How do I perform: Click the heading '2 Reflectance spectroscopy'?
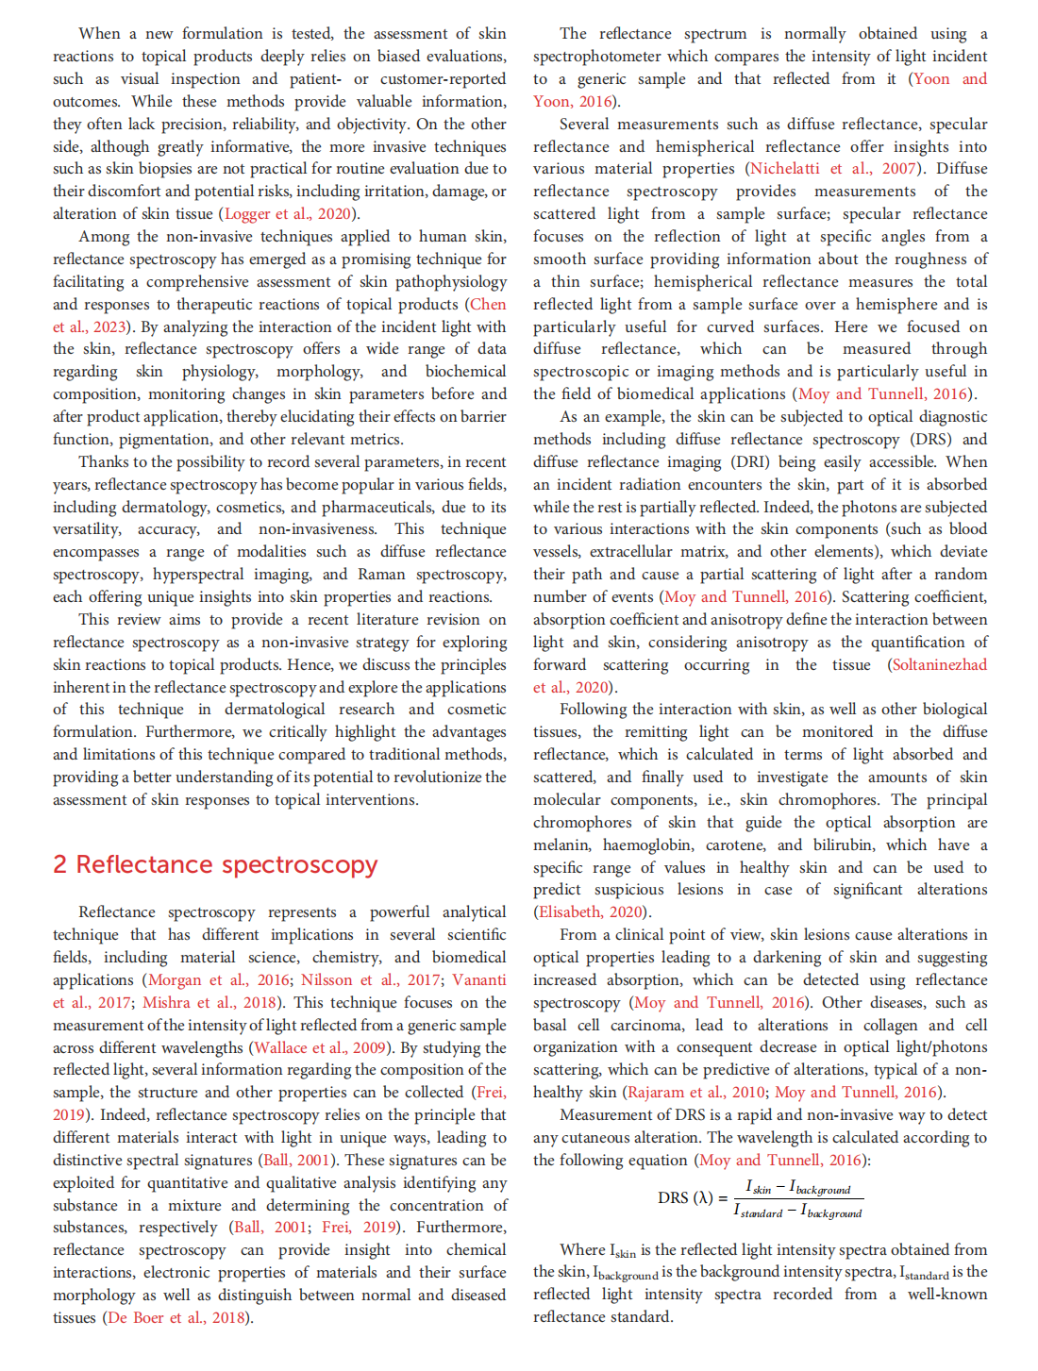pos(215,864)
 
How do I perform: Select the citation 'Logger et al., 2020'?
pos(287,214)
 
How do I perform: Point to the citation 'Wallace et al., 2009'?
pos(321,1047)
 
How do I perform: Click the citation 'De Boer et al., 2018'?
pos(176,1317)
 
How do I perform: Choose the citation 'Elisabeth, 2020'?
pos(592,911)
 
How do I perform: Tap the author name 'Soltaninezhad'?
pos(940,664)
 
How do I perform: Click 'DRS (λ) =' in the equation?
pos(692,1198)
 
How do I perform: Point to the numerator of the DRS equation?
pos(797,1187)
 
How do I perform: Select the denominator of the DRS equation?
pos(797,1212)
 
